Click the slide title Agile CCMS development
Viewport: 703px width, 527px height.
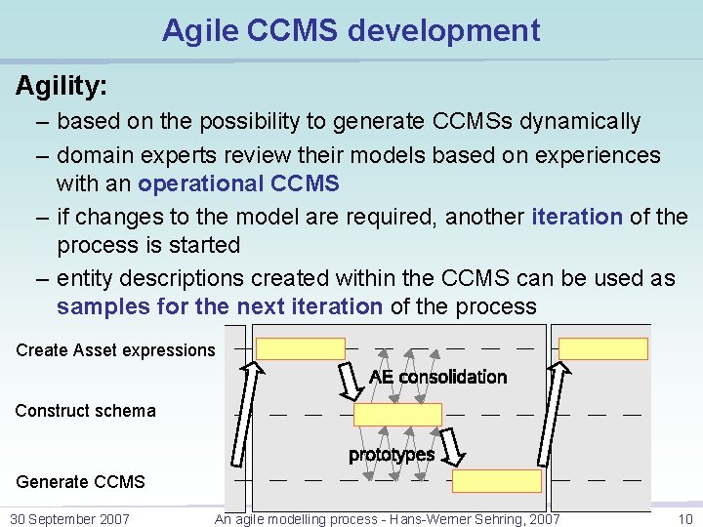[x=351, y=30]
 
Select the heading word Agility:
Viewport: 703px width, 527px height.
[x=62, y=86]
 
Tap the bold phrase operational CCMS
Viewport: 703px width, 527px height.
[x=238, y=183]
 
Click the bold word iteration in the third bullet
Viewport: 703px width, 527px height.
[x=577, y=216]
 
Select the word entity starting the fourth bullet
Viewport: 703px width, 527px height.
[x=89, y=278]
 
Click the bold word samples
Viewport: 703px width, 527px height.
[x=103, y=306]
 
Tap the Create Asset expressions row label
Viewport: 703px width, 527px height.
[x=115, y=349]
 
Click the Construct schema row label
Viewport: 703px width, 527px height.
[x=85, y=411]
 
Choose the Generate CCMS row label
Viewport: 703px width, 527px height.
[x=80, y=481]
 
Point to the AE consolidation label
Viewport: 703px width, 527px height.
[x=437, y=377]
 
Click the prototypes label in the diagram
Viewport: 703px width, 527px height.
[x=392, y=455]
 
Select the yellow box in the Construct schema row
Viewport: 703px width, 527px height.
[x=397, y=415]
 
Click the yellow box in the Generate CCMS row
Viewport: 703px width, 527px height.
[x=496, y=481]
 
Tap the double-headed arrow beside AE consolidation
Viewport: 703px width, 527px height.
[x=350, y=381]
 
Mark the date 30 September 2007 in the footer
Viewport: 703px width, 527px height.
[x=69, y=519]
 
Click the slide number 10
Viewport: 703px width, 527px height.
[x=685, y=519]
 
